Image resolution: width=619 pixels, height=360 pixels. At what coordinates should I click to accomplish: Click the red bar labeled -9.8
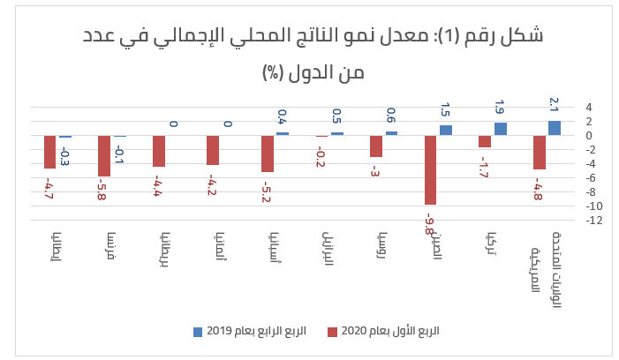(431, 169)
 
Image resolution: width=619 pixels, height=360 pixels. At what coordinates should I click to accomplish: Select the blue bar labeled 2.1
(555, 128)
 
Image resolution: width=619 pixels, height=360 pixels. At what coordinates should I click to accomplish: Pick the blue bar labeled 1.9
(501, 129)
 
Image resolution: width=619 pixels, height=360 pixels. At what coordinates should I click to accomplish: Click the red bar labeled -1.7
(485, 141)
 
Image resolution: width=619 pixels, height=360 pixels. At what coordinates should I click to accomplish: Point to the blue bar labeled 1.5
(446, 131)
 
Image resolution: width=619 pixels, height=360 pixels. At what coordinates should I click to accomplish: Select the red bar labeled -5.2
(268, 154)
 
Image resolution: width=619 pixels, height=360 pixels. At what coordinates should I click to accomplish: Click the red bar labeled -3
(376, 146)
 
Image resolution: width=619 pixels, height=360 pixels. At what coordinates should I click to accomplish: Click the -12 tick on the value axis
(595, 221)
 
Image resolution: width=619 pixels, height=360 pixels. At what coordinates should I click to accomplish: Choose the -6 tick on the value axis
(597, 178)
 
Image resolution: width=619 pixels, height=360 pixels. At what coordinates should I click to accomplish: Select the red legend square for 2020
(332, 332)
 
